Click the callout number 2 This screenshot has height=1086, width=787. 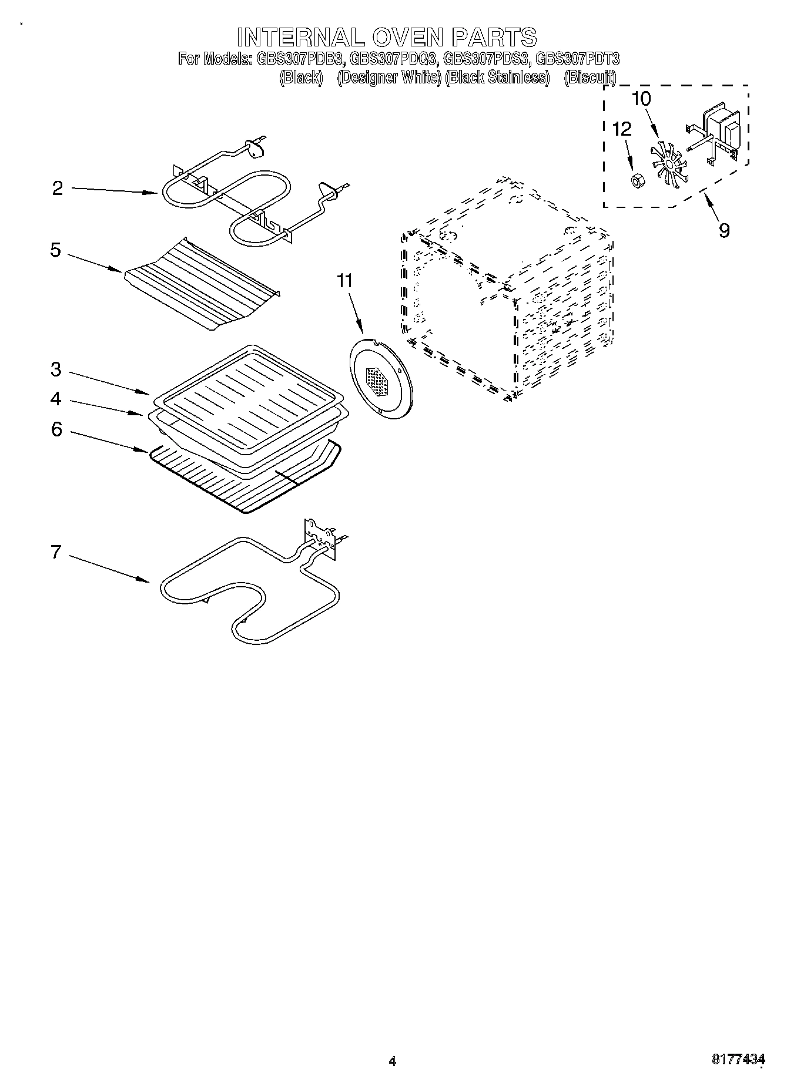[x=57, y=189]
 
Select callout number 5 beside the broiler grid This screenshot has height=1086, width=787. [x=55, y=250]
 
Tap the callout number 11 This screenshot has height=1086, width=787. [x=345, y=281]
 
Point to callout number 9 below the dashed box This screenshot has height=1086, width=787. [x=724, y=230]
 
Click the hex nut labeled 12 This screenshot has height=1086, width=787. [x=635, y=180]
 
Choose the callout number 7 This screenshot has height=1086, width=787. [x=56, y=552]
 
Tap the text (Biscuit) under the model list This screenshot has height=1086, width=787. [x=590, y=77]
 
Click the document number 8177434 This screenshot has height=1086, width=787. [x=738, y=1060]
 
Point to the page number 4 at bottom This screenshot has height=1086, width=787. [x=393, y=1061]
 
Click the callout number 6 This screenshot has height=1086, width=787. [x=56, y=429]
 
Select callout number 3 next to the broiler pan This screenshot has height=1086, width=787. [x=56, y=369]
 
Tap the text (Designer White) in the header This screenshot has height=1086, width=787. [x=389, y=77]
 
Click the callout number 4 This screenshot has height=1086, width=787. [x=56, y=399]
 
